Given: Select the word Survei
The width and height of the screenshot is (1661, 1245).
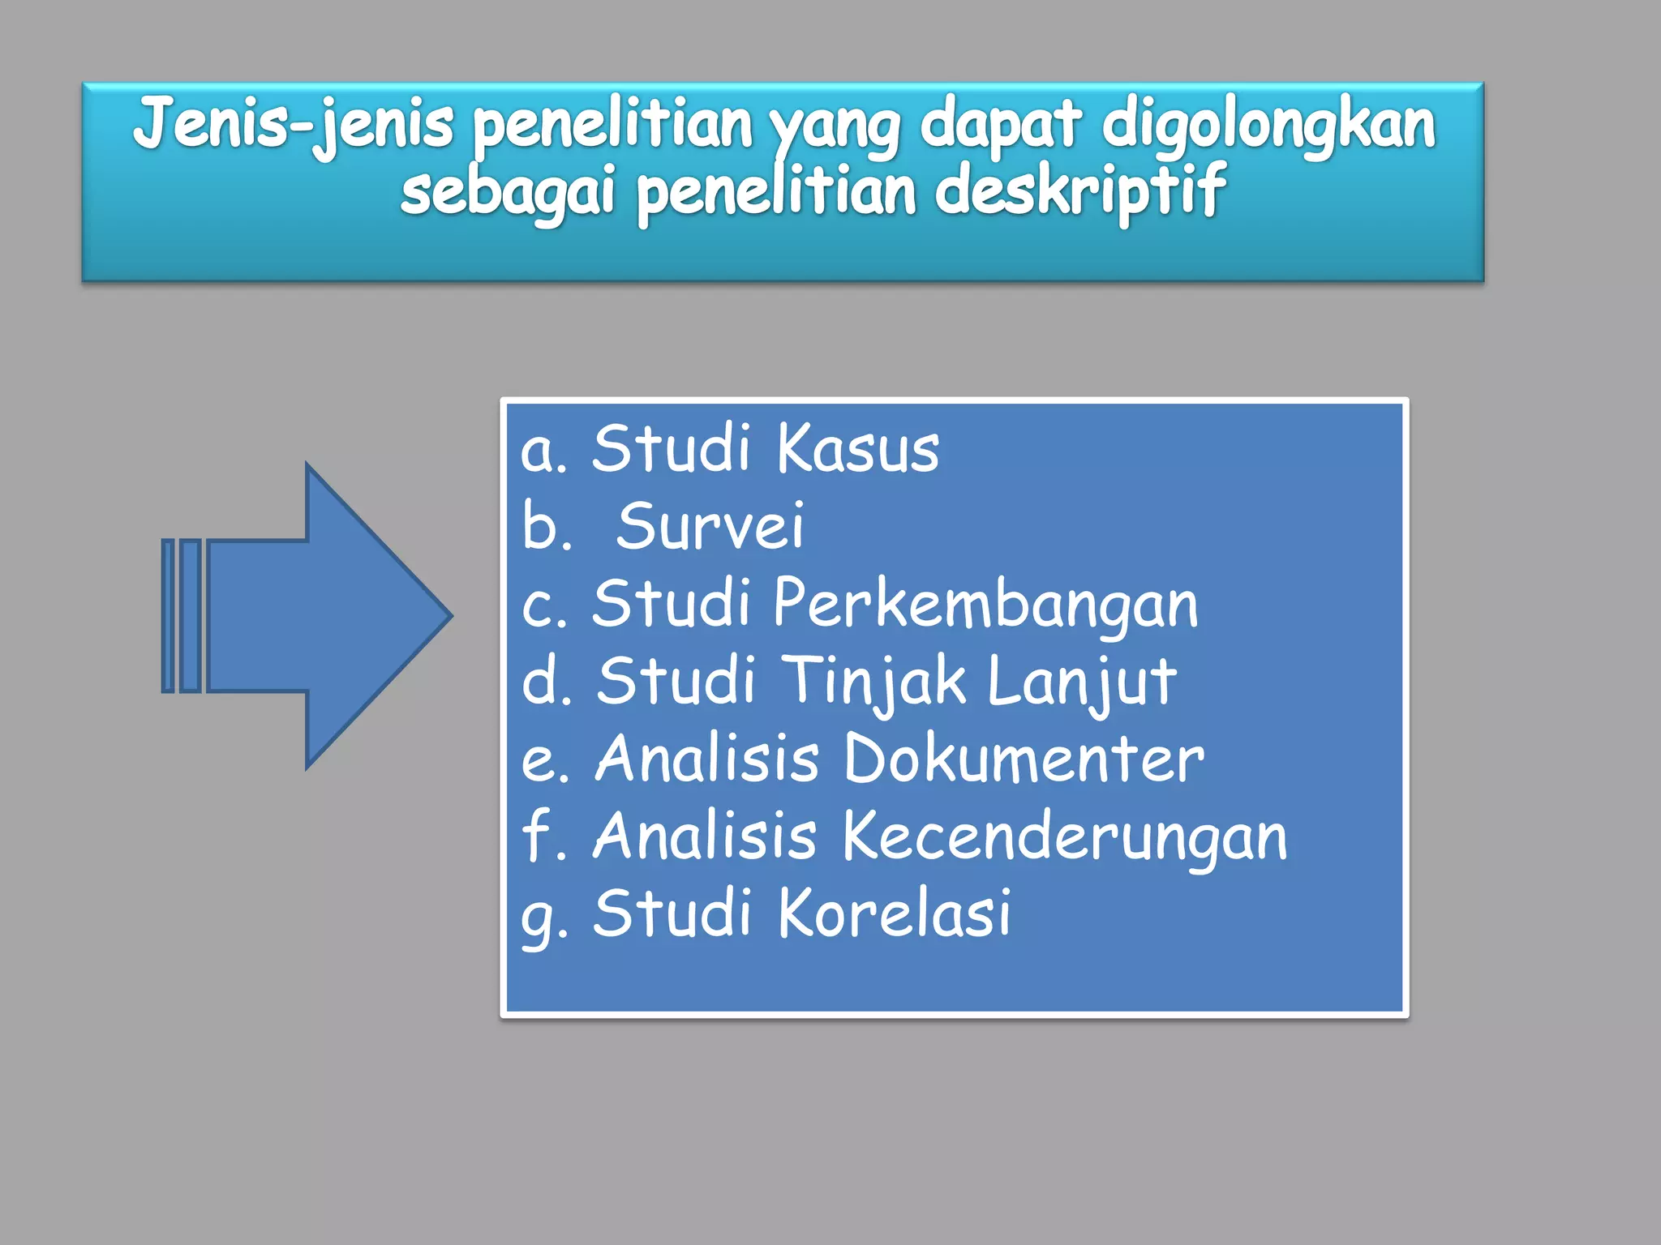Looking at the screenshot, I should tap(710, 526).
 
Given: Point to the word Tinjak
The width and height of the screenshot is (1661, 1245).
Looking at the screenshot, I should tap(876, 682).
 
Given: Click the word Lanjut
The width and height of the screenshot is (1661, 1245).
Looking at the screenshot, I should tap(1081, 682).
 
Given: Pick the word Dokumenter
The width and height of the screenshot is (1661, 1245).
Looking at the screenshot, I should tap(1024, 759).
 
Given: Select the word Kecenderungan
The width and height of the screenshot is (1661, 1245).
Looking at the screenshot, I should tap(1064, 836).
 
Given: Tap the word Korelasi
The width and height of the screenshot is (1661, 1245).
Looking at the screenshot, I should tap(895, 913).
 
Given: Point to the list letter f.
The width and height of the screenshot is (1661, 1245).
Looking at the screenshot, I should tap(537, 836).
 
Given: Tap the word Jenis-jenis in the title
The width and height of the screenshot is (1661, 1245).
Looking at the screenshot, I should tap(293, 124).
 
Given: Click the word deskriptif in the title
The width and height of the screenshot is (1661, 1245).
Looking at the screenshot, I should tap(1079, 191).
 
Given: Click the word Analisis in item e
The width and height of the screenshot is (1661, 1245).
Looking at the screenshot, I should tap(706, 759).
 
